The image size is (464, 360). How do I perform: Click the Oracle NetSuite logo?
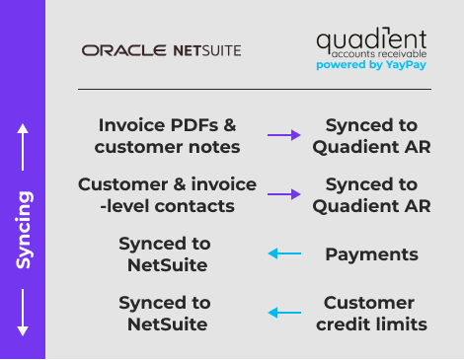[161, 49]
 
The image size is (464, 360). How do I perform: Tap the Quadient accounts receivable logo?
[370, 44]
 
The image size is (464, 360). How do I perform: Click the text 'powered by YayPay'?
[371, 66]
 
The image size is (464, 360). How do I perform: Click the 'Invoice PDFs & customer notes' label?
[168, 136]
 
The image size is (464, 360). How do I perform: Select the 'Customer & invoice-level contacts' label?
[168, 195]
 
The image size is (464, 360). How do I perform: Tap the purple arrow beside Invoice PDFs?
[284, 136]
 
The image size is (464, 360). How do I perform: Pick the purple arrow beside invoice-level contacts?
[284, 195]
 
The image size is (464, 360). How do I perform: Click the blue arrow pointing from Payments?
[284, 254]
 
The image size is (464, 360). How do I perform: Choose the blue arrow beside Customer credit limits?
[284, 314]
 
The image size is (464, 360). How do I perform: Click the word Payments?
[371, 254]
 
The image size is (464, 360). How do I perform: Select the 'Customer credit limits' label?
[371, 314]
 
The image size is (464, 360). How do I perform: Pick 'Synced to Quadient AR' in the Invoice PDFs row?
[371, 136]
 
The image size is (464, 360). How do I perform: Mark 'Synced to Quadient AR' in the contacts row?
[371, 195]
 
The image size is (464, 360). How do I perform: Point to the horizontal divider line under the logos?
[254, 90]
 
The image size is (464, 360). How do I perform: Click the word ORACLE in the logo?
[112, 49]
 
